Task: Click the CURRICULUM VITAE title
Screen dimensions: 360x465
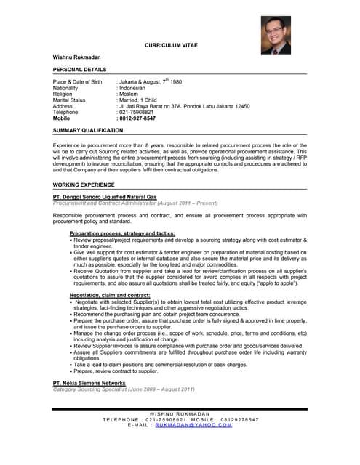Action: pyautogui.click(x=171, y=45)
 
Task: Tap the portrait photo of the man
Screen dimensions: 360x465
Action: pyautogui.click(x=276, y=36)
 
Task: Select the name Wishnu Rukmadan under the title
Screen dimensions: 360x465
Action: pyautogui.click(x=77, y=57)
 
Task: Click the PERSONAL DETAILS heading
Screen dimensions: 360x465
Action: pyautogui.click(x=80, y=69)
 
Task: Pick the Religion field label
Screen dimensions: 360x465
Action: pyautogui.click(x=63, y=94)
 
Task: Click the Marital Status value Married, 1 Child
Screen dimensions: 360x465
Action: pyautogui.click(x=138, y=100)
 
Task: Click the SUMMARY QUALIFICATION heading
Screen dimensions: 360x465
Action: pyautogui.click(x=88, y=130)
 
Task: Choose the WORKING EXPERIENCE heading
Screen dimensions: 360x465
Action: pyautogui.click(x=84, y=185)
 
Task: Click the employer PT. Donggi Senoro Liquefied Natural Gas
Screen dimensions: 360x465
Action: pyautogui.click(x=105, y=197)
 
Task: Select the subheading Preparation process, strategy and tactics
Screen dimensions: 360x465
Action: pyautogui.click(x=122, y=233)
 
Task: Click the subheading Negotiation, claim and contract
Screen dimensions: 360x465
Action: pyautogui.click(x=110, y=296)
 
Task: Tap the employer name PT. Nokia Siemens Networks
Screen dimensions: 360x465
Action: pyautogui.click(x=89, y=383)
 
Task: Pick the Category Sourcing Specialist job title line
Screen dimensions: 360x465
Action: pyautogui.click(x=124, y=389)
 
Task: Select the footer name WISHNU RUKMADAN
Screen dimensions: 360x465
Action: pyautogui.click(x=179, y=413)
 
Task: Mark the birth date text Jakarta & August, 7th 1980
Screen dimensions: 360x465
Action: pyautogui.click(x=150, y=82)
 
